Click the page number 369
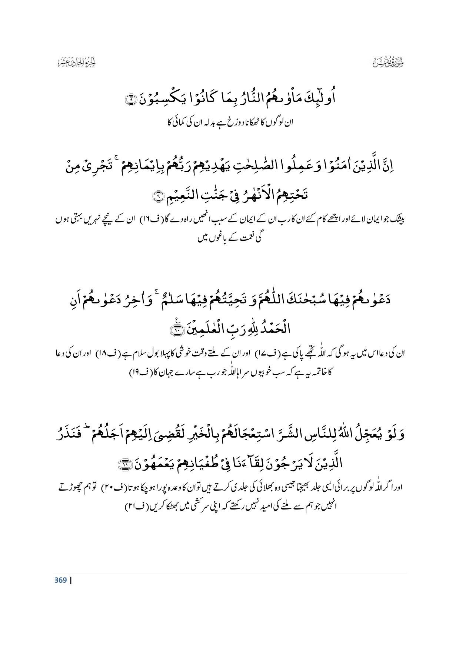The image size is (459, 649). (x=60, y=580)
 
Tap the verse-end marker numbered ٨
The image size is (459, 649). (x=131, y=100)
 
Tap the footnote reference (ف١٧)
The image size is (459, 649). (x=264, y=354)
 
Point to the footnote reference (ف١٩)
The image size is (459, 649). (x=139, y=373)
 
